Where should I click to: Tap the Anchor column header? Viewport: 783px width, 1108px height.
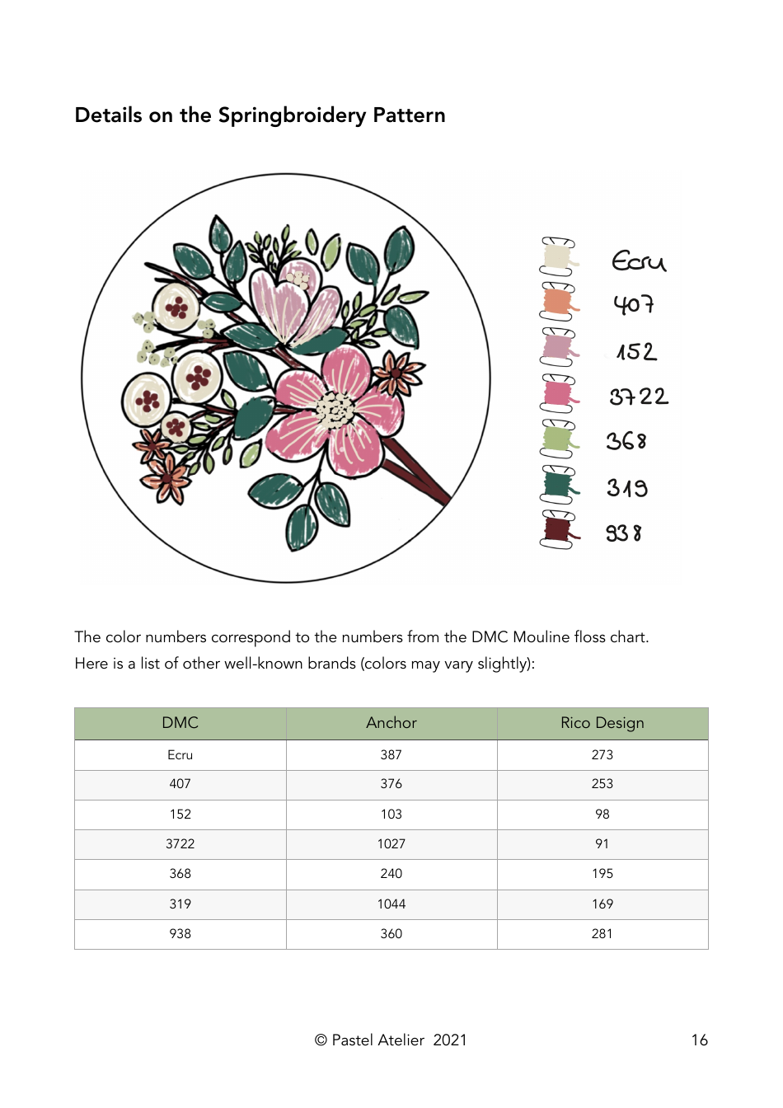391,723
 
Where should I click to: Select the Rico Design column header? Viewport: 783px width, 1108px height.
602,723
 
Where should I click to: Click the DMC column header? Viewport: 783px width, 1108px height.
180,723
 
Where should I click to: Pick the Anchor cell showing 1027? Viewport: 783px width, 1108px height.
391,844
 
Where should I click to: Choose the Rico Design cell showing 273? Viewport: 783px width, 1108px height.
602,755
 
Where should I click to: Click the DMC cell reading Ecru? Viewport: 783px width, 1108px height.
180,755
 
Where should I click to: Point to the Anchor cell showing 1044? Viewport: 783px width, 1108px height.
391,904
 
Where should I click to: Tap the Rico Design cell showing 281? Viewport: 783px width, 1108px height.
602,934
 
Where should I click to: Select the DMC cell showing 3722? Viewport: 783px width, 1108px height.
180,844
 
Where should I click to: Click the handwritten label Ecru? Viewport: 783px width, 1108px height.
638,261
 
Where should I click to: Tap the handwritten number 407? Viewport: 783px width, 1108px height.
634,305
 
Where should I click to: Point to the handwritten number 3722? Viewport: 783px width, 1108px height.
639,397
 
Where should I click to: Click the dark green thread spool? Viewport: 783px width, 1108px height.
558,485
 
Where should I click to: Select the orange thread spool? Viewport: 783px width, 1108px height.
558,302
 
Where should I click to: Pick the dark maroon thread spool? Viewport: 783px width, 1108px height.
558,530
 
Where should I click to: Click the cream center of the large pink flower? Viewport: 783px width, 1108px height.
335,408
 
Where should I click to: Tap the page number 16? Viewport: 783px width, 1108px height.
699,1040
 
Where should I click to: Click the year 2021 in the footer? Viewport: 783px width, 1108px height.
450,1040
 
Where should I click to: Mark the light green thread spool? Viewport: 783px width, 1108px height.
558,439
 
